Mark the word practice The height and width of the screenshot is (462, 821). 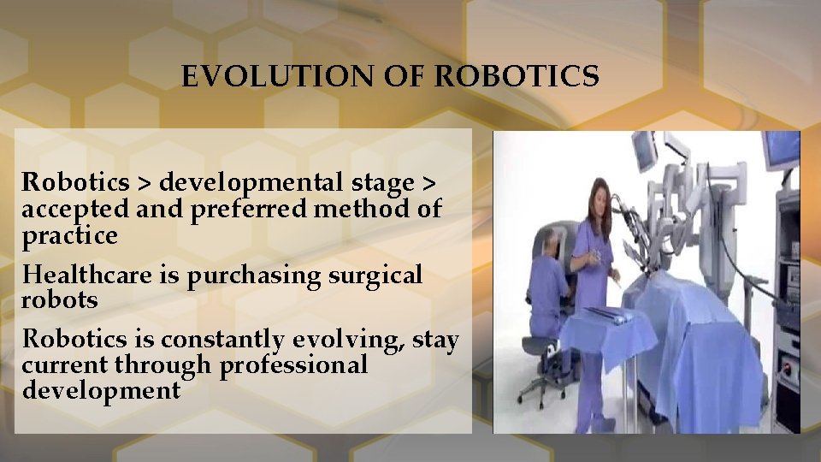click(69, 235)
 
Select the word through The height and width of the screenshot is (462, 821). click(162, 365)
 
